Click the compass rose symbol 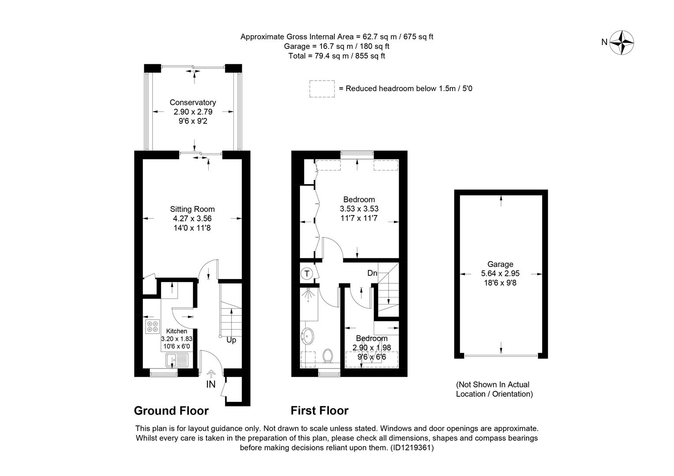[622, 43]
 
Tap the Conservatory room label [193, 103]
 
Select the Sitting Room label [192, 209]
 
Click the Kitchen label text [176, 331]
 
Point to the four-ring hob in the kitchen [152, 327]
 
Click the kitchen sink [176, 361]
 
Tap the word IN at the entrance [211, 384]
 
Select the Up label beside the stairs [231, 340]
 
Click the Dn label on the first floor [372, 273]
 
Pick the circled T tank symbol [307, 274]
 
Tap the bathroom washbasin [307, 336]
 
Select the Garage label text [500, 264]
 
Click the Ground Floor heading [171, 411]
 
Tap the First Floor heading [319, 411]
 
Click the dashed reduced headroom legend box [322, 89]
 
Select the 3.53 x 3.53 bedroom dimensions [359, 208]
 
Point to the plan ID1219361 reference [412, 448]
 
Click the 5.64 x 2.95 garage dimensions [500, 274]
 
